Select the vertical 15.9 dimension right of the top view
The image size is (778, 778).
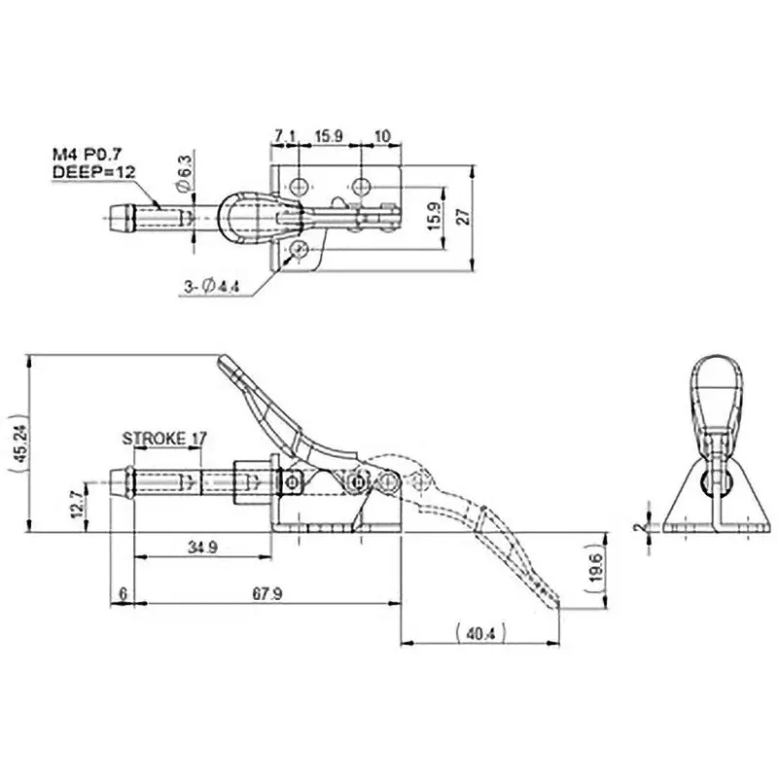point(435,214)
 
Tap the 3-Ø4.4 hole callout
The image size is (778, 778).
point(211,286)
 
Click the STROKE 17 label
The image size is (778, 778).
point(164,439)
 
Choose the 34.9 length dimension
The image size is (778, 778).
point(201,548)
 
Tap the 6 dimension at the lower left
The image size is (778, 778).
point(121,593)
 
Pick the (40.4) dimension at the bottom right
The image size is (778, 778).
point(480,634)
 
